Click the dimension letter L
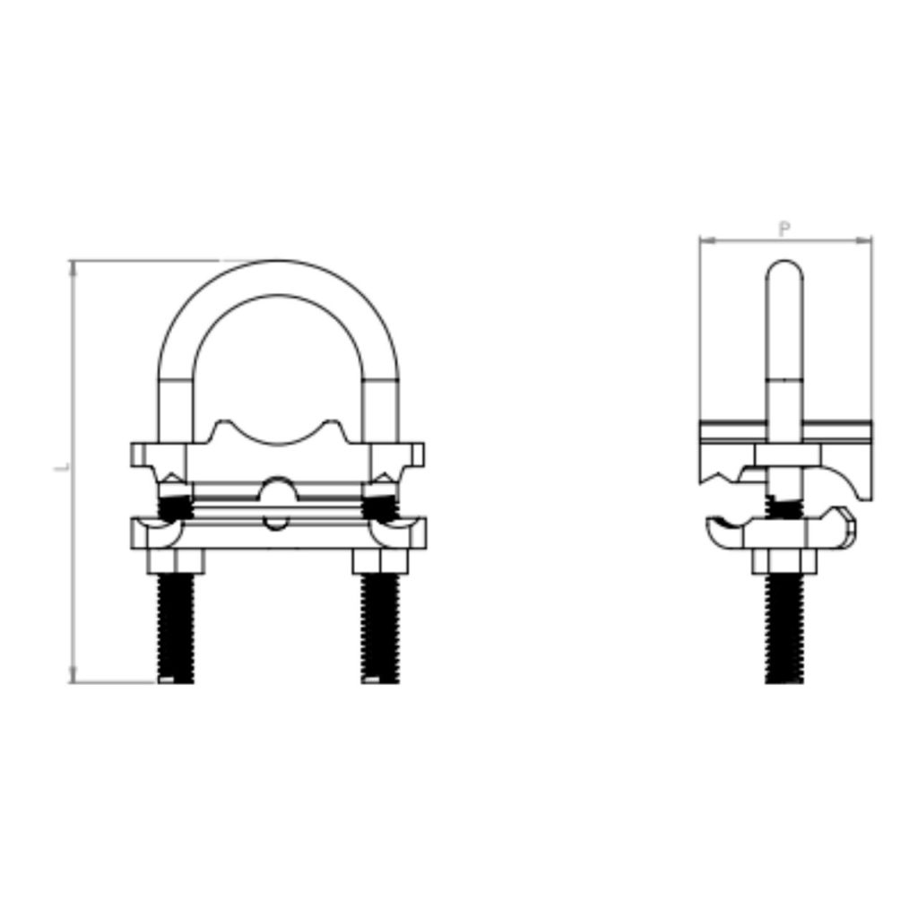click(x=61, y=467)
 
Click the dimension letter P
click(x=784, y=229)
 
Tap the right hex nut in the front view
click(x=381, y=563)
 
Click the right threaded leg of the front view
click(x=380, y=628)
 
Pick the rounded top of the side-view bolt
click(x=784, y=268)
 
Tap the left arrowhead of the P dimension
click(x=705, y=240)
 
